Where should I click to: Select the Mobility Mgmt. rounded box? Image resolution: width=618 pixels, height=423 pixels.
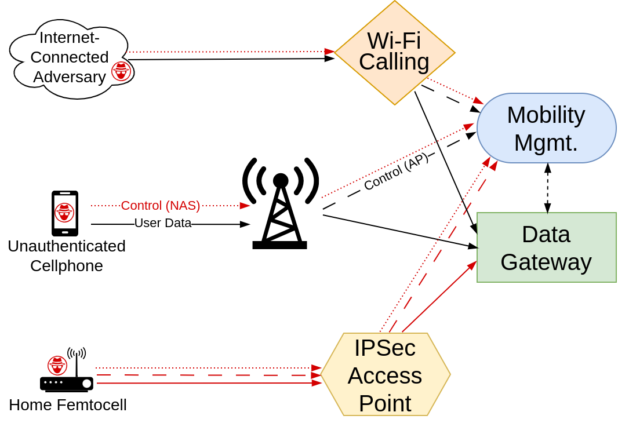(546, 128)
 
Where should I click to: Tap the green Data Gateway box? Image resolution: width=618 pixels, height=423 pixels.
(546, 247)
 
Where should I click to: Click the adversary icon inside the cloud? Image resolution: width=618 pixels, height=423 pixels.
(121, 71)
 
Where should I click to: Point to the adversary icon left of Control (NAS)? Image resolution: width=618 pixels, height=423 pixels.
(64, 213)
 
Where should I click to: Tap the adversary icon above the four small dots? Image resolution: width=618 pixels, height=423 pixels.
(57, 366)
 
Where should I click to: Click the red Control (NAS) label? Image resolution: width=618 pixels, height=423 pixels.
(161, 206)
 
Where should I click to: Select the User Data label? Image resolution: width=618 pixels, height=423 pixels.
(163, 223)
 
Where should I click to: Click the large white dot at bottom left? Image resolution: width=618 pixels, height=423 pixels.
(87, 384)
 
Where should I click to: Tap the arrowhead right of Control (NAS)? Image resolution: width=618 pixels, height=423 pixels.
(245, 206)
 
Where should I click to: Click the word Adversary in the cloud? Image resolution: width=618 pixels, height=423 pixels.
(70, 76)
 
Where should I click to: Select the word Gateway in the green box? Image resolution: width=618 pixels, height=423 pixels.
(546, 262)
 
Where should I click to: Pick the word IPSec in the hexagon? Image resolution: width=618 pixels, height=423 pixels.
(385, 348)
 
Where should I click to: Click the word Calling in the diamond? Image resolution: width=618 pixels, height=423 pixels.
(394, 62)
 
